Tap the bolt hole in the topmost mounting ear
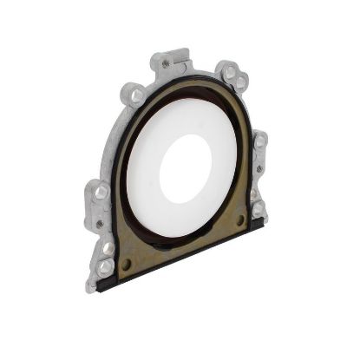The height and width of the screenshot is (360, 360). click(x=165, y=64)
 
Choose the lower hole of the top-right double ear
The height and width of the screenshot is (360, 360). click(x=240, y=83)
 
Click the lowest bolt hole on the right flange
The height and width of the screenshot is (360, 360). click(x=258, y=208)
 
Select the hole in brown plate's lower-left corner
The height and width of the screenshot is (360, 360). click(x=127, y=262)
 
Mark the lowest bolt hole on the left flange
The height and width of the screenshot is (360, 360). click(x=105, y=266)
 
